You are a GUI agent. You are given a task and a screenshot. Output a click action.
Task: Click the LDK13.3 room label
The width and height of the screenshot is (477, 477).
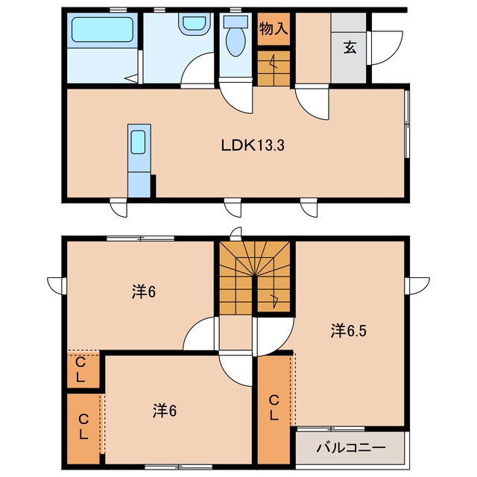tap(253, 145)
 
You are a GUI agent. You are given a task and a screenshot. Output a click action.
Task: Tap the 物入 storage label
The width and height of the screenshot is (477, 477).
tap(274, 29)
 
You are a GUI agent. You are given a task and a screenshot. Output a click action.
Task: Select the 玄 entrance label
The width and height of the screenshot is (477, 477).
tap(350, 47)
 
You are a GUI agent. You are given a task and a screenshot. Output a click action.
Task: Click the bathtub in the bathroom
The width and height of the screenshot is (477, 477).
tap(103, 30)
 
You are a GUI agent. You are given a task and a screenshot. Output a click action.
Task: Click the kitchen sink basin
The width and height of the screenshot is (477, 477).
tap(138, 142)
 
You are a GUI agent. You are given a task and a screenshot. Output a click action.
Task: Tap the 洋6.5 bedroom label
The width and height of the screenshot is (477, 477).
tap(349, 331)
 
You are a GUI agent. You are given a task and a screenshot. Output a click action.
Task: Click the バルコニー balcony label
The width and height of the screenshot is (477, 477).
tap(351, 447)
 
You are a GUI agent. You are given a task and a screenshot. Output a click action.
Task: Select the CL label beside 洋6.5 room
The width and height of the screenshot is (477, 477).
tap(274, 408)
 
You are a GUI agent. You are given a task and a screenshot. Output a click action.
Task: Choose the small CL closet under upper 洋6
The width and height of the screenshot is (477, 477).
tap(80, 370)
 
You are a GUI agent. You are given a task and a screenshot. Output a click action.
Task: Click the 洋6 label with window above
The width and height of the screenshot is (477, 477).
tap(144, 292)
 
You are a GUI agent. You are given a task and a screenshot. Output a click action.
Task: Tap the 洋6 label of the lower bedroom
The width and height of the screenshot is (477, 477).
tap(165, 411)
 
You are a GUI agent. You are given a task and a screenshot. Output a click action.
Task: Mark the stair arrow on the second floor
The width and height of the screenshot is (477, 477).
tap(274, 300)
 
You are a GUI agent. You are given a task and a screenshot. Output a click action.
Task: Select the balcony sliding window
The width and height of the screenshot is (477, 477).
tap(331, 429)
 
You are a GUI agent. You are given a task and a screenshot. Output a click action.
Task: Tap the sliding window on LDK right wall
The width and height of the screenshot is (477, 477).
tap(406, 123)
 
